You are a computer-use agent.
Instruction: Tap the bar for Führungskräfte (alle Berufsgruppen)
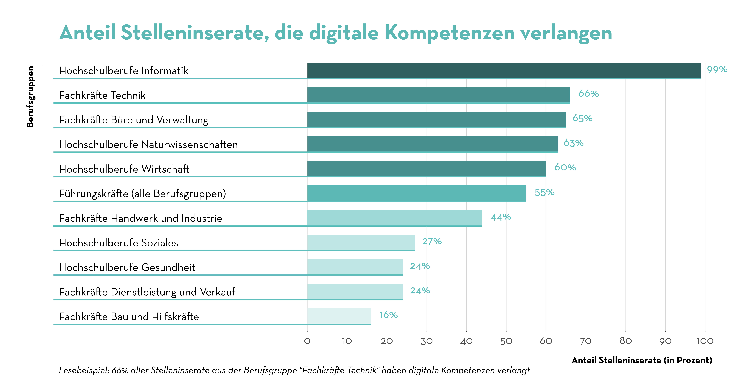coord(417,193)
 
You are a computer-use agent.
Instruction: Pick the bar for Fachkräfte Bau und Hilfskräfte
coord(339,316)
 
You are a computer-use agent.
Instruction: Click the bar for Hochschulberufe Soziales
coord(361,242)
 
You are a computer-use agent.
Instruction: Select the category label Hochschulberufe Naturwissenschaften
coord(148,144)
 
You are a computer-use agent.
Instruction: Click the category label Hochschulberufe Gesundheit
coord(127,267)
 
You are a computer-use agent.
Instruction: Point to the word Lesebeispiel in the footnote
coord(84,370)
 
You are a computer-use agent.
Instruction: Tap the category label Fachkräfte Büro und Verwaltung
coord(133,120)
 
